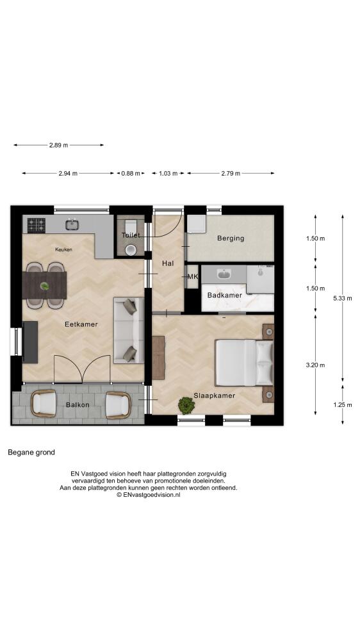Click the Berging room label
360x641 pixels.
(x=231, y=238)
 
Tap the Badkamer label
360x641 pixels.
(x=224, y=295)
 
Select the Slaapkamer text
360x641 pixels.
(x=214, y=395)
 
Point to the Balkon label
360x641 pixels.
(x=78, y=404)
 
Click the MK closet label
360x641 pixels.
(x=192, y=277)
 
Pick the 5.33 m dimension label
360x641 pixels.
(x=343, y=298)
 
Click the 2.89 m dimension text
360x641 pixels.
(x=58, y=145)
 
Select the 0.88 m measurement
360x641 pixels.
(x=130, y=173)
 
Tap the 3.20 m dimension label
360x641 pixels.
(x=315, y=365)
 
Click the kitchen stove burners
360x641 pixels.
(x=37, y=225)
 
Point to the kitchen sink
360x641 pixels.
(x=72, y=224)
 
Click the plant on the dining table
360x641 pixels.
(x=45, y=286)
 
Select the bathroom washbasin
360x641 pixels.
(x=224, y=274)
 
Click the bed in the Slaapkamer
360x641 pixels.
(x=244, y=363)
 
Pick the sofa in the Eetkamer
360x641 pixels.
(x=129, y=330)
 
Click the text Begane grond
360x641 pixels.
(x=31, y=452)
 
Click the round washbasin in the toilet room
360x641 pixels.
(x=130, y=250)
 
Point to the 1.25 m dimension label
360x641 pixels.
(x=343, y=404)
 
